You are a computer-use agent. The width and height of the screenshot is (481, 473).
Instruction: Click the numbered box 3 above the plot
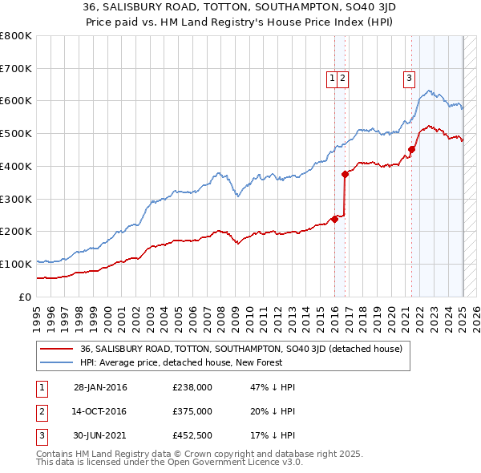coord(409,78)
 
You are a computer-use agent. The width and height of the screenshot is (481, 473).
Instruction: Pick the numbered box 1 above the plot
coord(332,78)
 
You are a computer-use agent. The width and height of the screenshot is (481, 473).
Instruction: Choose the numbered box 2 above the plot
coord(342,78)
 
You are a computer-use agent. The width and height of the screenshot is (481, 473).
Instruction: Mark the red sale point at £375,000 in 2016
coord(345,174)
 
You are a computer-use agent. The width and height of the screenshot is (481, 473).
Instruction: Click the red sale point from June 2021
coord(411,148)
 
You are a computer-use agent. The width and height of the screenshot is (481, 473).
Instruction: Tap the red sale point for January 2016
coord(334,219)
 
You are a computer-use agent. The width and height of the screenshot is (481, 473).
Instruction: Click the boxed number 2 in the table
coord(40,411)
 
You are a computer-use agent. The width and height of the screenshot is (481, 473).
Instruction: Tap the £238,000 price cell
coord(192,387)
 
